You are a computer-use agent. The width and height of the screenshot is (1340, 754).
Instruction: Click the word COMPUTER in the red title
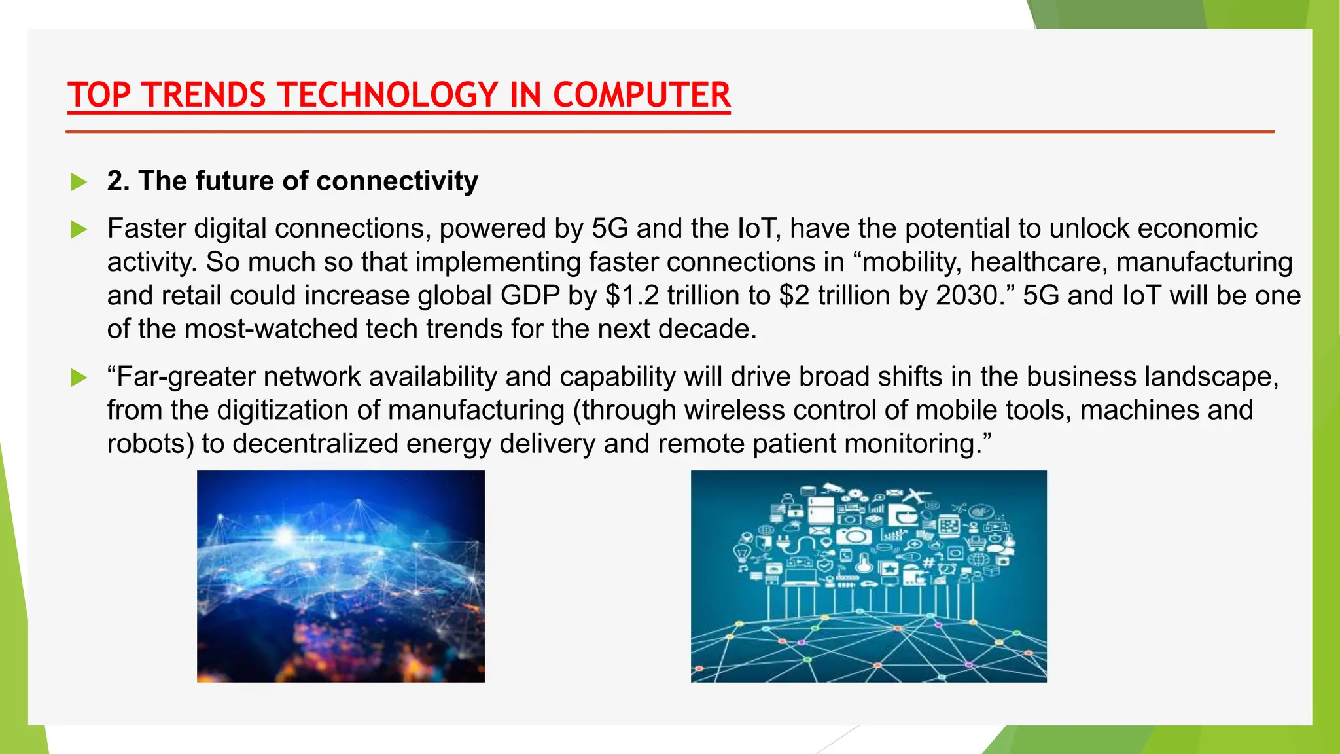pyautogui.click(x=641, y=96)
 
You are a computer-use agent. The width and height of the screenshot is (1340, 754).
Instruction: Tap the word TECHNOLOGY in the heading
pyautogui.click(x=385, y=96)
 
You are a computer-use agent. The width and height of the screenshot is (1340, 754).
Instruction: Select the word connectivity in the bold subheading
pyautogui.click(x=397, y=181)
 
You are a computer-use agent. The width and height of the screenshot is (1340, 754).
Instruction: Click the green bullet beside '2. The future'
pyautogui.click(x=79, y=182)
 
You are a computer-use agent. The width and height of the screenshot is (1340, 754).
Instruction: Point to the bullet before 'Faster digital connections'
pyautogui.click(x=79, y=230)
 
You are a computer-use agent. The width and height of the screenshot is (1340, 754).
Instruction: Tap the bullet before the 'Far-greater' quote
pyautogui.click(x=79, y=378)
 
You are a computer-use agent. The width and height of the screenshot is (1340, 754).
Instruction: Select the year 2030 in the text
pyautogui.click(x=966, y=295)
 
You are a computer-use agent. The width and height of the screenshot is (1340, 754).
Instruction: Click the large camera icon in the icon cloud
pyautogui.click(x=854, y=537)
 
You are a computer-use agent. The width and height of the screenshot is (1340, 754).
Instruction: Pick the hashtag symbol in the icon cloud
pyautogui.click(x=928, y=562)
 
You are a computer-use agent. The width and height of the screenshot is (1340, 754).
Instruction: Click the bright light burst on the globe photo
pyautogui.click(x=285, y=535)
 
